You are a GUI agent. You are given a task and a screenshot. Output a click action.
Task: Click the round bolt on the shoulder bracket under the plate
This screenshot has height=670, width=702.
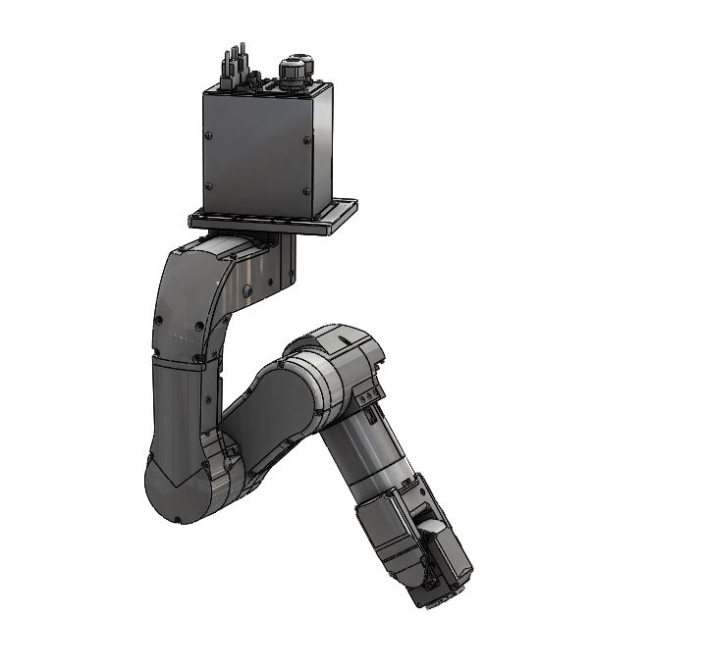248,288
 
